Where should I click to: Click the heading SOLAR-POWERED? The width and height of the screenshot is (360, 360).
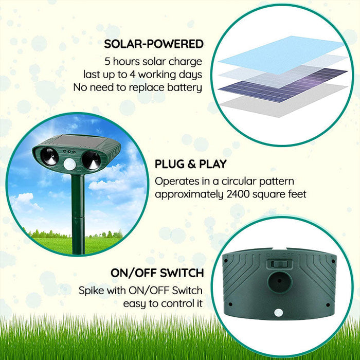pos(154,44)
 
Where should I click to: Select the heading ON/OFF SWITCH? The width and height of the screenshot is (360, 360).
pos(157,273)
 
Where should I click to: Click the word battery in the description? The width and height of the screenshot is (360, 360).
pos(183,87)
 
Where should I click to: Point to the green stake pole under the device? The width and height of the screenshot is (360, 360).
pos(78,216)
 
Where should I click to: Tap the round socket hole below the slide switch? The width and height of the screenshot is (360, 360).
pos(280,282)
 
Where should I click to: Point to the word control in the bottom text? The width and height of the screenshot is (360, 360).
pos(171,303)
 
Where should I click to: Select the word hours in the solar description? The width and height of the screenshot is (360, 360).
pos(128,61)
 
